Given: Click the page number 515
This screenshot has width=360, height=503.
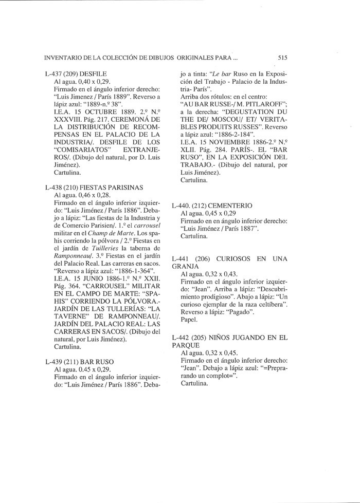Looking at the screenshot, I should pyautogui.click(x=282, y=58).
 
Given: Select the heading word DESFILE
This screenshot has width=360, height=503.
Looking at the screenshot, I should pyautogui.click(x=94, y=74).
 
